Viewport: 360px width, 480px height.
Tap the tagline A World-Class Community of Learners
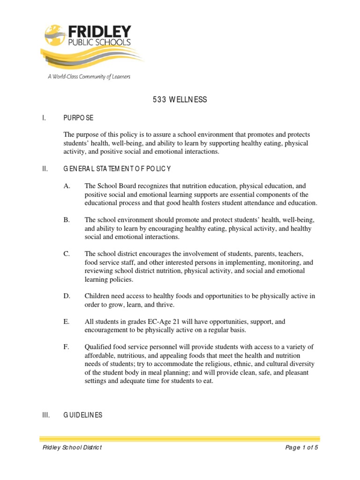click(89, 76)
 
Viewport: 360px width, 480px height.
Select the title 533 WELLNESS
click(180, 100)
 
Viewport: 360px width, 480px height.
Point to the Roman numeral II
click(45, 168)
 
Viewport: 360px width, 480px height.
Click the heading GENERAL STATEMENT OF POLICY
click(117, 168)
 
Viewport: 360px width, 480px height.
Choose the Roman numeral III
click(46, 415)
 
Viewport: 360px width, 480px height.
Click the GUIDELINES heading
click(83, 415)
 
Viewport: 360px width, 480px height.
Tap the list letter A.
click(67, 186)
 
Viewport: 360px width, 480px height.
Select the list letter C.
click(67, 254)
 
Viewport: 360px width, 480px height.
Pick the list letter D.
click(67, 296)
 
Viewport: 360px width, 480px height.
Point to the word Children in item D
click(97, 296)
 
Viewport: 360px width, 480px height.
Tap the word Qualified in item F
click(98, 346)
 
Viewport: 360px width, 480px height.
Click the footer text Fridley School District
click(72, 448)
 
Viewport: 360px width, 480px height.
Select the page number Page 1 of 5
click(302, 448)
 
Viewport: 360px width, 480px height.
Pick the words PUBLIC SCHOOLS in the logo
click(100, 44)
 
